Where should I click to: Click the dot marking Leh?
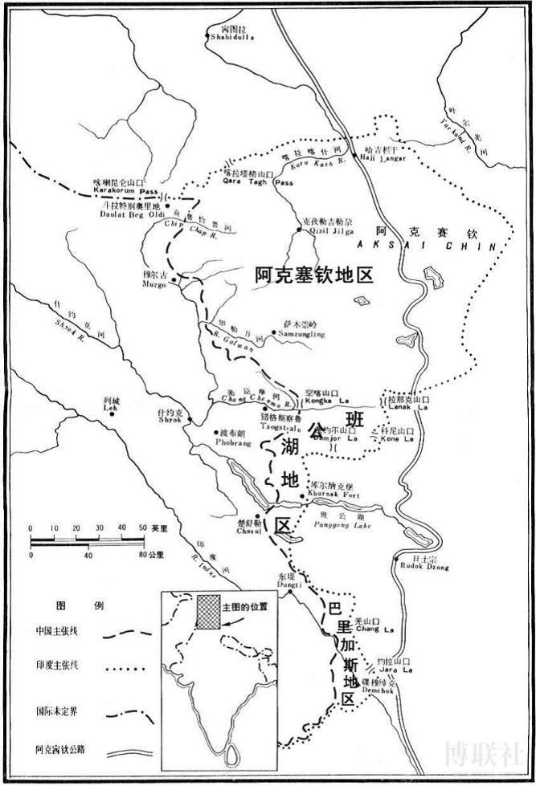(113, 415)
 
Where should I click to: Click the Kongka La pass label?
(321, 402)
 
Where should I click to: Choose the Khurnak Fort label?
(331, 495)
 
